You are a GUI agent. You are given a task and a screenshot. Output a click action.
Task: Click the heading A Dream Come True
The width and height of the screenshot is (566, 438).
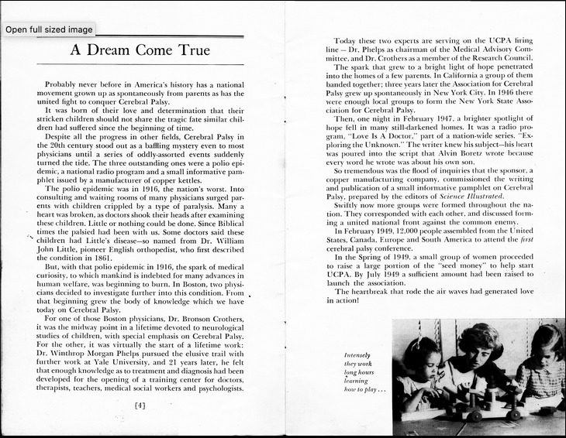140,51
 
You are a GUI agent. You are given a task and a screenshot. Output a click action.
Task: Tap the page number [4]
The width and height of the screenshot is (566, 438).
140,405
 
